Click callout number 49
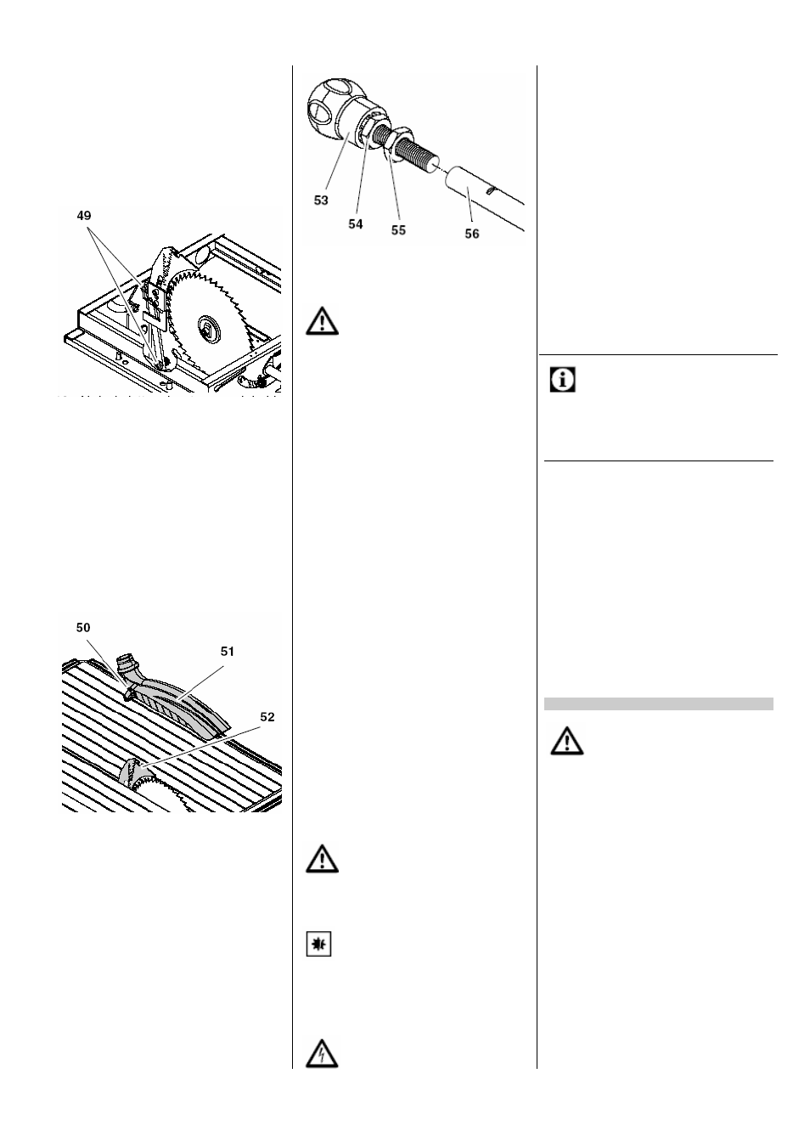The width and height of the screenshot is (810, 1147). [84, 216]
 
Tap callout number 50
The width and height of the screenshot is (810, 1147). [83, 628]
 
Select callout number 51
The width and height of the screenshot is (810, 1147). [228, 652]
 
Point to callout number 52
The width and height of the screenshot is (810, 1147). [267, 717]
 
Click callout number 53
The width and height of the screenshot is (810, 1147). [321, 201]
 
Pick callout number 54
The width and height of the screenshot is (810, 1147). [356, 224]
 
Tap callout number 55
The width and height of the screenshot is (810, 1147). [398, 230]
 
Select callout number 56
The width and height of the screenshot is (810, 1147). [472, 234]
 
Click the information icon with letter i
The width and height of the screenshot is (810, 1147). [562, 380]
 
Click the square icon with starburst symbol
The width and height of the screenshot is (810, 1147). [318, 944]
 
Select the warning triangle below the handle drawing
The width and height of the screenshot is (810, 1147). [322, 321]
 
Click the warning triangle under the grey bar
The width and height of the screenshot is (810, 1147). [567, 740]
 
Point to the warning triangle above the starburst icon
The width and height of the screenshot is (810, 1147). [322, 858]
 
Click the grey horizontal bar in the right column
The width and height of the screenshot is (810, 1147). [659, 703]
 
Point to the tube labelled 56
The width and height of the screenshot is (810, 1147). [484, 199]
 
